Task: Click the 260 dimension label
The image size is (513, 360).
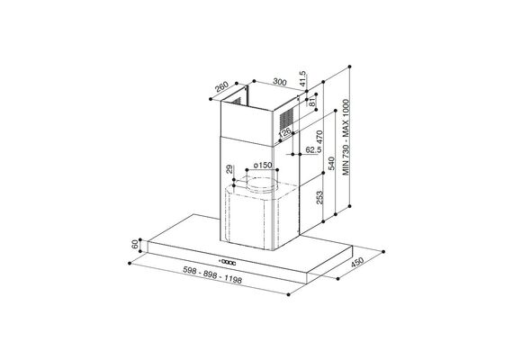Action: click(x=221, y=87)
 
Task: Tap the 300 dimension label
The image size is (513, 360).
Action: click(x=280, y=82)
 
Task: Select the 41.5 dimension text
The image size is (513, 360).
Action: click(x=302, y=78)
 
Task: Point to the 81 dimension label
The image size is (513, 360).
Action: click(x=312, y=102)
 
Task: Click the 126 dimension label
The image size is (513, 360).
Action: click(x=284, y=132)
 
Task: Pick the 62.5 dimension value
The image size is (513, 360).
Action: click(x=313, y=150)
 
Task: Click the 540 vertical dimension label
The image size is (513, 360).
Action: click(x=331, y=163)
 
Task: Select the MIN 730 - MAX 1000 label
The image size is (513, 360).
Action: click(x=346, y=138)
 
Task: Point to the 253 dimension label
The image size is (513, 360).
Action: click(x=319, y=197)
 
